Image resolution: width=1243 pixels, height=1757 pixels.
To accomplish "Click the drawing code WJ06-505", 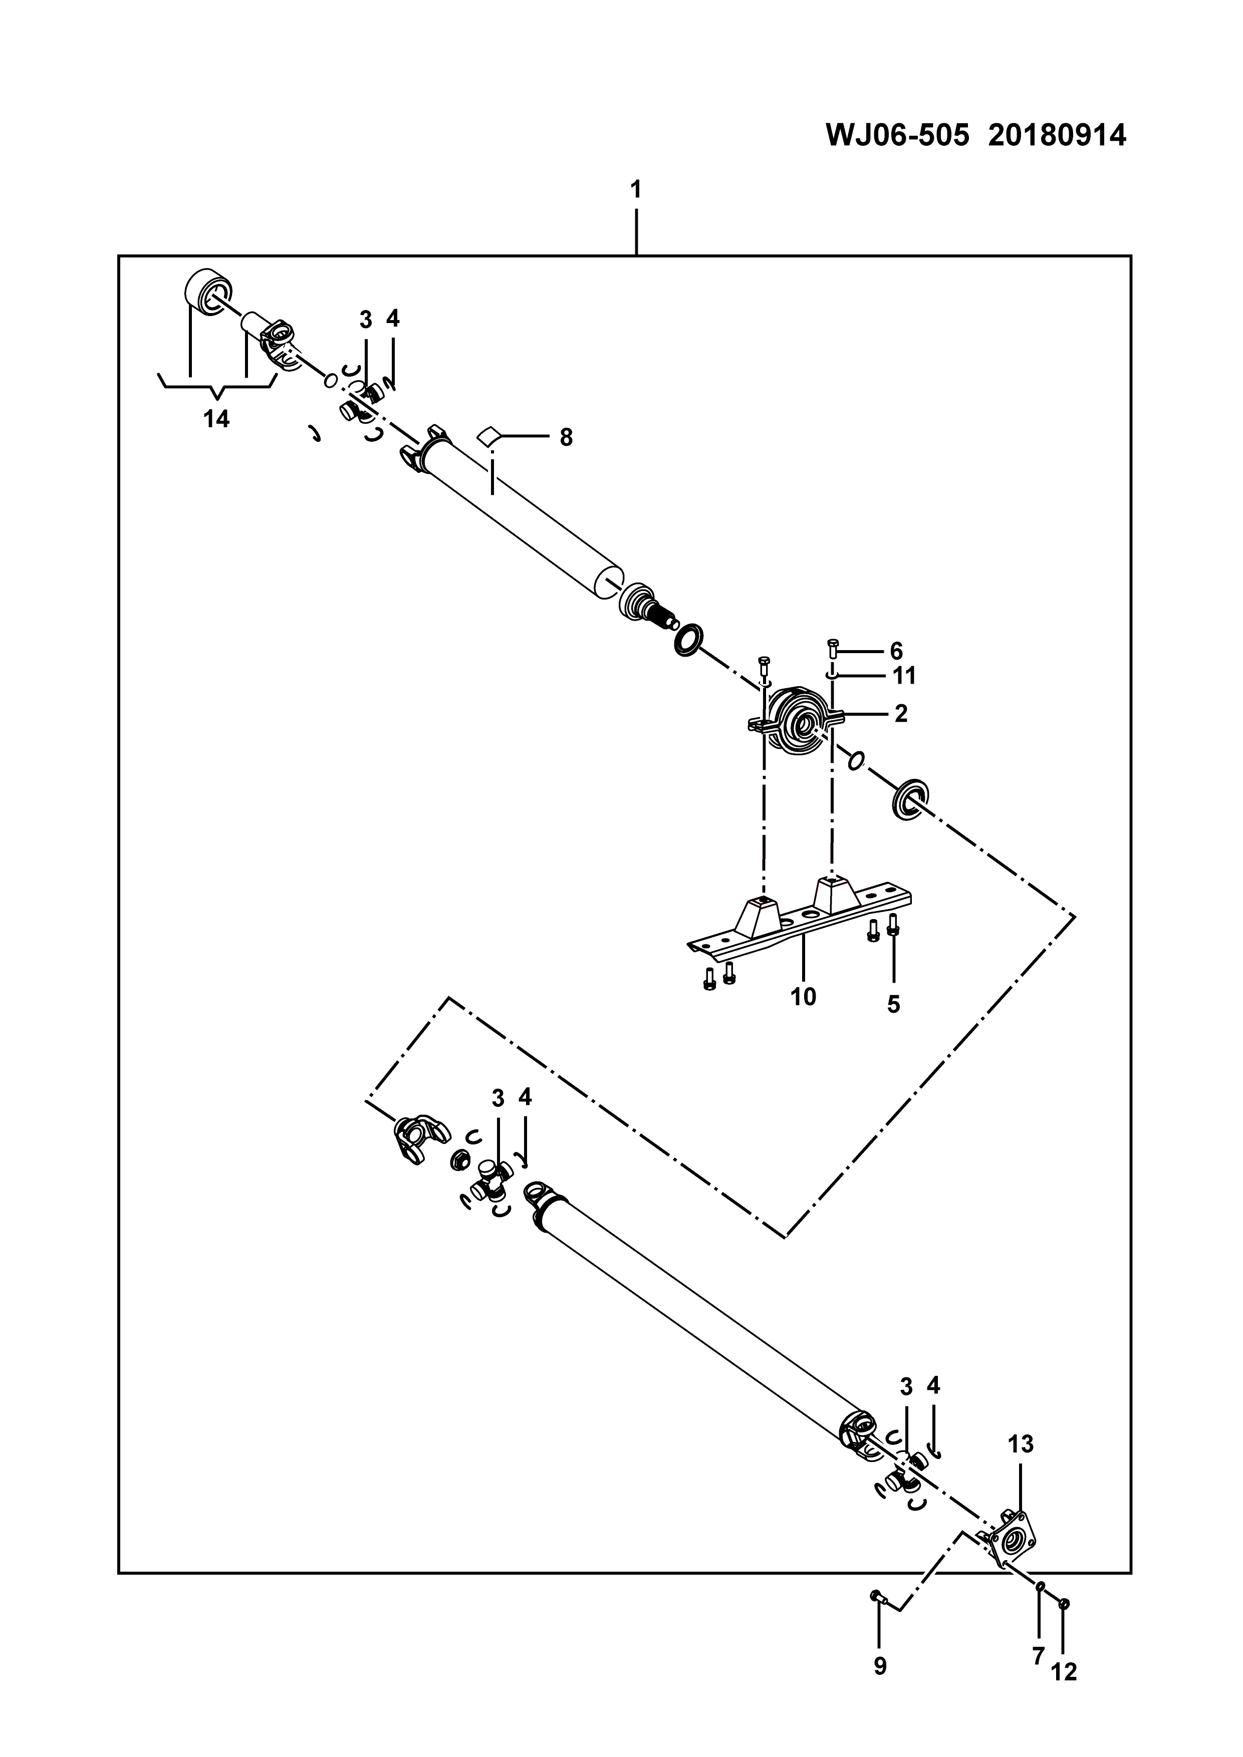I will point(897,136).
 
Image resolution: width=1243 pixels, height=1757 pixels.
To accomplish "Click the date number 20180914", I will point(1057,136).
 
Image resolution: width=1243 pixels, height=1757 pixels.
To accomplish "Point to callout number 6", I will point(896,651).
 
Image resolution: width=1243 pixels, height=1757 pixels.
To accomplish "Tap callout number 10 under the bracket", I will point(804,997).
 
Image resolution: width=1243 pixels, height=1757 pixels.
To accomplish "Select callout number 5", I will point(894,1004).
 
